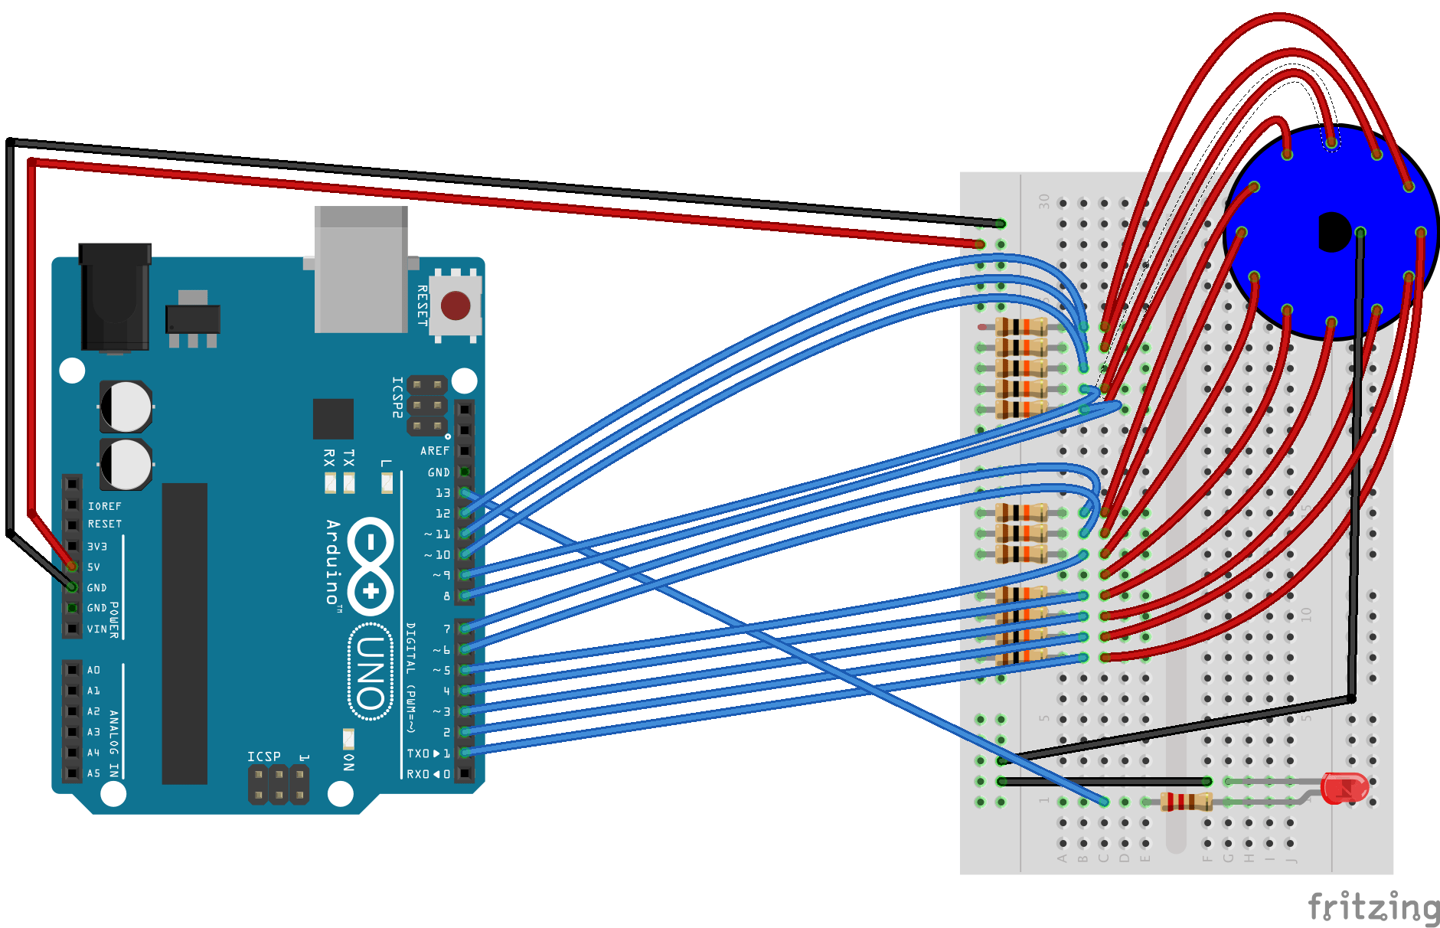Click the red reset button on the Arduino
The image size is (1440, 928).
tap(456, 306)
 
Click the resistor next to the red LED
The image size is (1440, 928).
tap(1185, 802)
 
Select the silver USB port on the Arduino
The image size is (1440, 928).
tap(361, 270)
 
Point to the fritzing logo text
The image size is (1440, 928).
tap(1373, 907)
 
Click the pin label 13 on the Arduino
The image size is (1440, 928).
tap(442, 493)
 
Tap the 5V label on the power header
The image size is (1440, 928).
tap(93, 567)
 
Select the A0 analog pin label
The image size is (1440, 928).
tap(93, 670)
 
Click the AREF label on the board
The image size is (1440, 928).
tap(434, 451)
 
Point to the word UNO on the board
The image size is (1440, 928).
tap(371, 673)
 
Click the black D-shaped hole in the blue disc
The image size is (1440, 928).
tap(1333, 232)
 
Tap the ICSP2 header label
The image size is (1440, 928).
tap(397, 397)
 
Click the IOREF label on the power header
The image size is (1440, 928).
tap(104, 506)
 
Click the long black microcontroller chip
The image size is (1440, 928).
tap(184, 633)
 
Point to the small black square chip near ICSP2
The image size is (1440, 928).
tap(333, 419)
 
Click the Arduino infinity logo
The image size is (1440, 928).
tap(371, 567)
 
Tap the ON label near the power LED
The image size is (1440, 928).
tap(349, 762)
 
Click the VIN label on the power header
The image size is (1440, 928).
tap(96, 629)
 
